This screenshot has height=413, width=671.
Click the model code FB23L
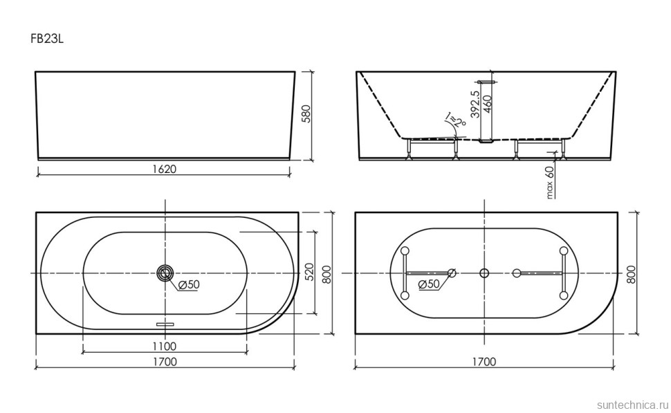(x=47, y=39)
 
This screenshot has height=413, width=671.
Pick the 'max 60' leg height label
(x=551, y=183)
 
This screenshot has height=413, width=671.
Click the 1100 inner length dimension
(x=165, y=346)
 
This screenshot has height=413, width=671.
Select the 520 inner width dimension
(x=309, y=272)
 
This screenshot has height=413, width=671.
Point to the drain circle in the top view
(x=165, y=273)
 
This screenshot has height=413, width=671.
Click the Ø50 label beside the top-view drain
(x=189, y=285)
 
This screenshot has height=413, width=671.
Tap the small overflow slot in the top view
(x=165, y=322)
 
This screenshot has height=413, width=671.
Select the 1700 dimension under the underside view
(x=484, y=361)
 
